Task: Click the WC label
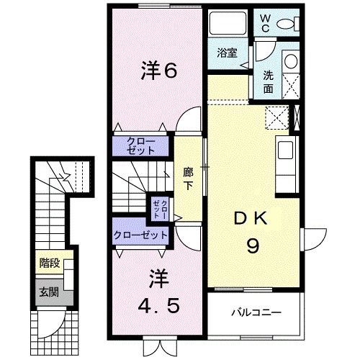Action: [264, 22]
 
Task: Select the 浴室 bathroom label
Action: [228, 53]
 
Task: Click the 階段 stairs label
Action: [48, 264]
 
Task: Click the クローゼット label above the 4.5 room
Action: [140, 235]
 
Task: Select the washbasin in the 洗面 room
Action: [290, 62]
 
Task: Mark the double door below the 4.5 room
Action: [158, 344]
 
